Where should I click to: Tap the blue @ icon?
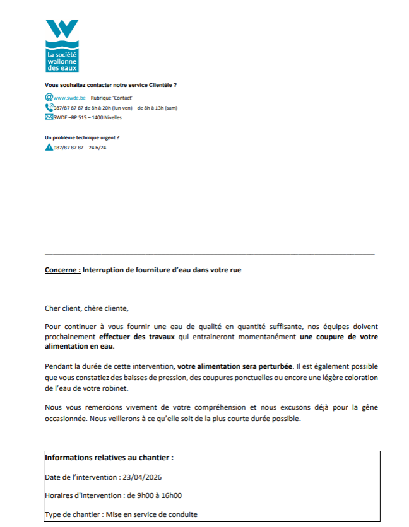(49, 98)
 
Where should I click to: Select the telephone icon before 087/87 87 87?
(49, 107)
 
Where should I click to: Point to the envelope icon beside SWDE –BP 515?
(49, 117)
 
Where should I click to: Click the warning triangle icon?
(49, 147)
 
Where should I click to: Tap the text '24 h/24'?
(97, 148)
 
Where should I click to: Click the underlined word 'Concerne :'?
(63, 269)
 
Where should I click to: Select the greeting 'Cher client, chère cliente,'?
(86, 308)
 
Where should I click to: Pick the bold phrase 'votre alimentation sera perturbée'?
(235, 366)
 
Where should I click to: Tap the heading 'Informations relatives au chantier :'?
(109, 458)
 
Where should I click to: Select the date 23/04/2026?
(142, 477)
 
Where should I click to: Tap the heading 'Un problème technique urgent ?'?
(82, 137)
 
